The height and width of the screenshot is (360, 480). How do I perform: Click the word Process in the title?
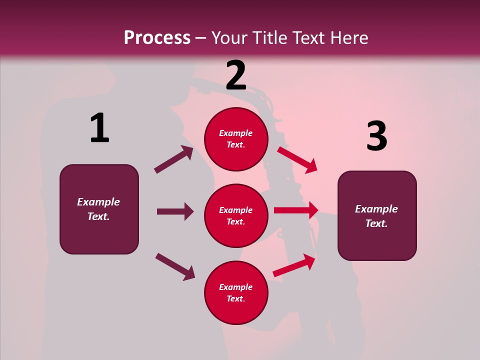click(x=157, y=38)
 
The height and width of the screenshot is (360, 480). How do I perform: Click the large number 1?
click(x=99, y=128)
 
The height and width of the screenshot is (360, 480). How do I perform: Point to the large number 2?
click(x=236, y=75)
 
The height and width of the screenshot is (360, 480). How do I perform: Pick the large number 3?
click(x=376, y=136)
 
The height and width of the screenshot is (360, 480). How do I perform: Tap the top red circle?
click(x=236, y=139)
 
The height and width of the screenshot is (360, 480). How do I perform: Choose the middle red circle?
click(x=236, y=216)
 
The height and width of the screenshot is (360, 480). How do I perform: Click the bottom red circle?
click(x=236, y=293)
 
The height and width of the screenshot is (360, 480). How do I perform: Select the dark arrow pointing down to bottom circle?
click(x=175, y=266)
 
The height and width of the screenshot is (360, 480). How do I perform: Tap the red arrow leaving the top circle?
click(x=297, y=159)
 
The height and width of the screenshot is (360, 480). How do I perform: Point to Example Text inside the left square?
click(x=98, y=209)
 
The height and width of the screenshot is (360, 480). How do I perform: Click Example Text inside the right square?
click(x=376, y=216)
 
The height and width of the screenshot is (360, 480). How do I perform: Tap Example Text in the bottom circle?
click(x=236, y=293)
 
